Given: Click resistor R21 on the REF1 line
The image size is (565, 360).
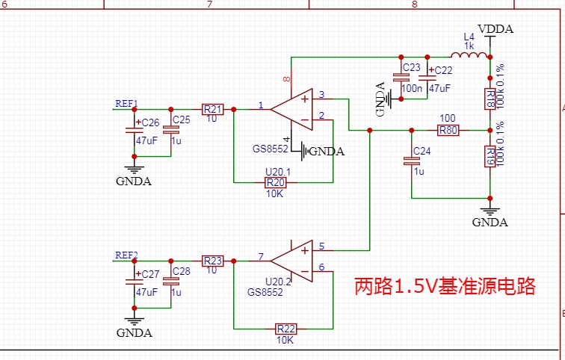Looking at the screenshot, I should pyautogui.click(x=212, y=109).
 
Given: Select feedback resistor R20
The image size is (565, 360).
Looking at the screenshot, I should pyautogui.click(x=276, y=182).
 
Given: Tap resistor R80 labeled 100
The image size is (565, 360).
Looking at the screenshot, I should pyautogui.click(x=448, y=130).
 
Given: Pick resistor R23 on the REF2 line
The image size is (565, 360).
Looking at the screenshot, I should pyautogui.click(x=212, y=261).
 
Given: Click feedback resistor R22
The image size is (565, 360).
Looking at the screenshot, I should pyautogui.click(x=285, y=329).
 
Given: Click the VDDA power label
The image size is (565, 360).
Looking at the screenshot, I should pyautogui.click(x=496, y=29).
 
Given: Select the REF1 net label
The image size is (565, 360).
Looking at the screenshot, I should pyautogui.click(x=126, y=103).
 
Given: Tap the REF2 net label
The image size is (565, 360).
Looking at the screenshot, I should pyautogui.click(x=126, y=255).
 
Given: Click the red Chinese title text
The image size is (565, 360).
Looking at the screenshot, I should pyautogui.click(x=445, y=287).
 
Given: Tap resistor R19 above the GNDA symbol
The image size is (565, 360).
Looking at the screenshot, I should pyautogui.click(x=490, y=156).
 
